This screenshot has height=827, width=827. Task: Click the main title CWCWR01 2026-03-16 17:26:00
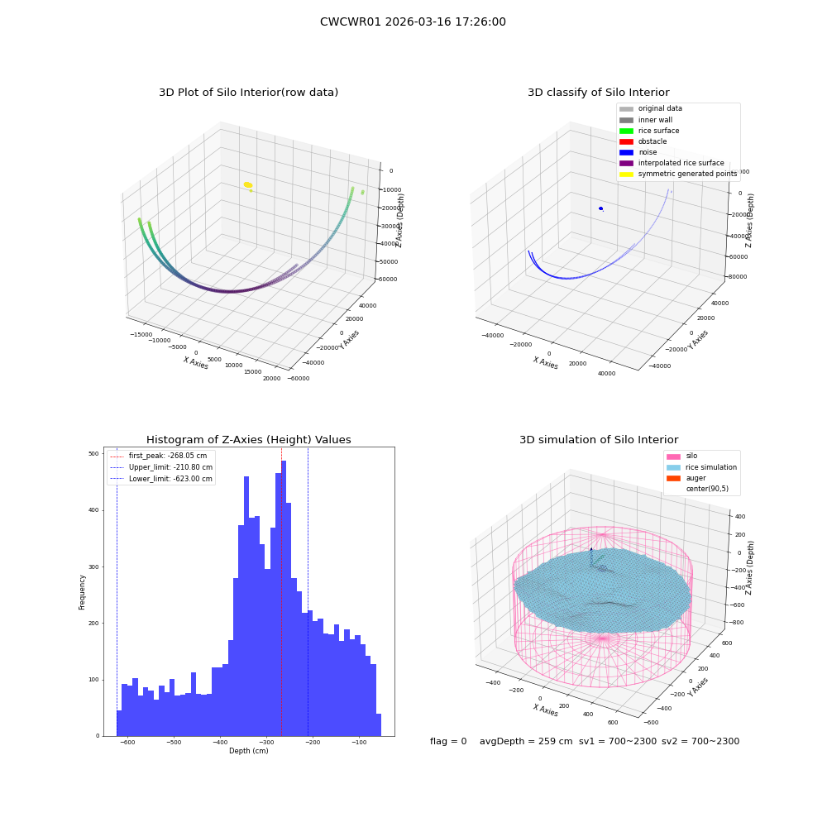pos(413,22)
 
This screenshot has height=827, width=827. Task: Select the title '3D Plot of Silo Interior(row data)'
pos(248,93)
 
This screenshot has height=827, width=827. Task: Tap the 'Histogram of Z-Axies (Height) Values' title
pos(248,440)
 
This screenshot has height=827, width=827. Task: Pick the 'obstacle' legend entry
pos(643,141)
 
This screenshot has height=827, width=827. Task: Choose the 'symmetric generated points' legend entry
pos(678,174)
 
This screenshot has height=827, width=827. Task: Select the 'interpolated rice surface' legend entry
pos(672,163)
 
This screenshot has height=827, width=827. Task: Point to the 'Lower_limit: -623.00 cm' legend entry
pos(161,479)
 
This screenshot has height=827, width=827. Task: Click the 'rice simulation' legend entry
pos(701,467)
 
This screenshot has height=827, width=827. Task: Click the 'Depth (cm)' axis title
pos(248,751)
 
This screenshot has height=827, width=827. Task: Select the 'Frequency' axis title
pos(82,592)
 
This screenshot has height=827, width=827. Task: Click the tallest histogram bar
pos(284,598)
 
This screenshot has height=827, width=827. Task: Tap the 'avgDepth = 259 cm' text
pos(526,741)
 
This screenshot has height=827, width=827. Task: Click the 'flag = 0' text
pos(448,741)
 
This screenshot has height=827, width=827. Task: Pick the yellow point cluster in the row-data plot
pos(248,184)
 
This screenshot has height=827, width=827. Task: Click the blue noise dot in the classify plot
pos(600,208)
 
